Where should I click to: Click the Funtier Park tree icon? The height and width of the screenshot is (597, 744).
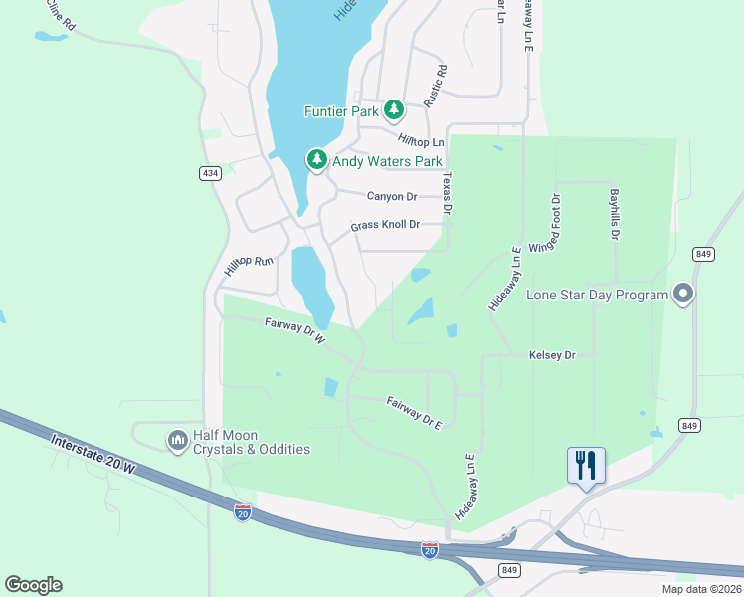[394, 108]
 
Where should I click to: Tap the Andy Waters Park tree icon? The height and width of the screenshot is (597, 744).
[316, 159]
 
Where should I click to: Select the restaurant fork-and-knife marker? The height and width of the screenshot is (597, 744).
[586, 466]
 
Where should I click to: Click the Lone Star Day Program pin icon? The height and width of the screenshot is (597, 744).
[683, 294]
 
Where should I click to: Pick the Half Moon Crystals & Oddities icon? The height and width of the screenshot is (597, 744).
[178, 439]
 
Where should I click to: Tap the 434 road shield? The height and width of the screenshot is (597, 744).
[209, 173]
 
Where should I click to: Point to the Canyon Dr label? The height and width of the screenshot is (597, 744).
[392, 196]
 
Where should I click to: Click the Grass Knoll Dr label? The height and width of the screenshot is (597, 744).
[385, 226]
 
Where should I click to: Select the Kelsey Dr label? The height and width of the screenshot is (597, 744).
[552, 355]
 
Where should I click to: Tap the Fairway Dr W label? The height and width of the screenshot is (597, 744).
[295, 331]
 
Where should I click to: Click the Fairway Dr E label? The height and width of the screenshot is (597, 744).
[414, 412]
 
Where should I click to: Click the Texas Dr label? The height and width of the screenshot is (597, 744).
[447, 193]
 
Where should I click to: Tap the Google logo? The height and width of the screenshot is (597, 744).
[33, 585]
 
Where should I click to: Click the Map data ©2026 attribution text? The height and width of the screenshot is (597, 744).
[701, 589]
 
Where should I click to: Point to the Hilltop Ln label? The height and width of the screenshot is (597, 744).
[420, 142]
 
